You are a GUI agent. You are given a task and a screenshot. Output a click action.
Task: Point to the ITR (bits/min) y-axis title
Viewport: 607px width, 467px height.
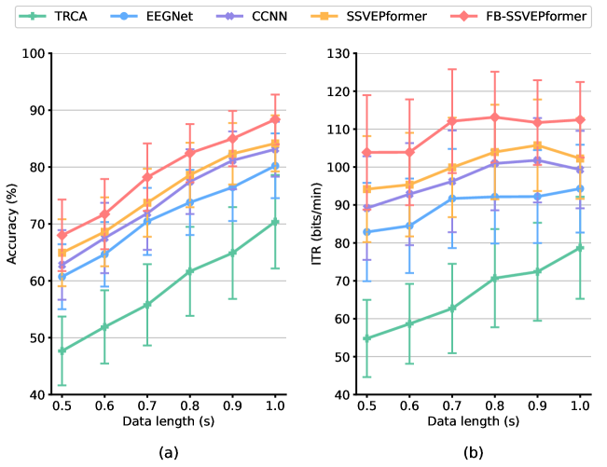318,224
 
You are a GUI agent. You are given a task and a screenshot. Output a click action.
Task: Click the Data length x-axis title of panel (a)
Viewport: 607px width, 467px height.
169,421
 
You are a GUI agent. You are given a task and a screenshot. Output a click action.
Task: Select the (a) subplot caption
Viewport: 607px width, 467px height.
169,453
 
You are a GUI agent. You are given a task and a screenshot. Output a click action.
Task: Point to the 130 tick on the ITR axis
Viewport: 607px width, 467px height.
340,53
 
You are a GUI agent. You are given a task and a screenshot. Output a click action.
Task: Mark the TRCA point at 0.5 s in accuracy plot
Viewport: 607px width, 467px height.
62,350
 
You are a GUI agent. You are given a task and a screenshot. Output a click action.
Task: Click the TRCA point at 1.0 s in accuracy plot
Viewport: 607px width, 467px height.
275,222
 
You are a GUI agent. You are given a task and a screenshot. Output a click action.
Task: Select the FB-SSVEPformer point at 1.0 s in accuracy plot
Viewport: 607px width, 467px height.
275,119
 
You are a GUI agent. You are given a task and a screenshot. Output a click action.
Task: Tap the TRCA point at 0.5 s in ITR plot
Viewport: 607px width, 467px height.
368,338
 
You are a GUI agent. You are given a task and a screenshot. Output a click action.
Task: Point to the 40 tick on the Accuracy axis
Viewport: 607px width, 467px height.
37,394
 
